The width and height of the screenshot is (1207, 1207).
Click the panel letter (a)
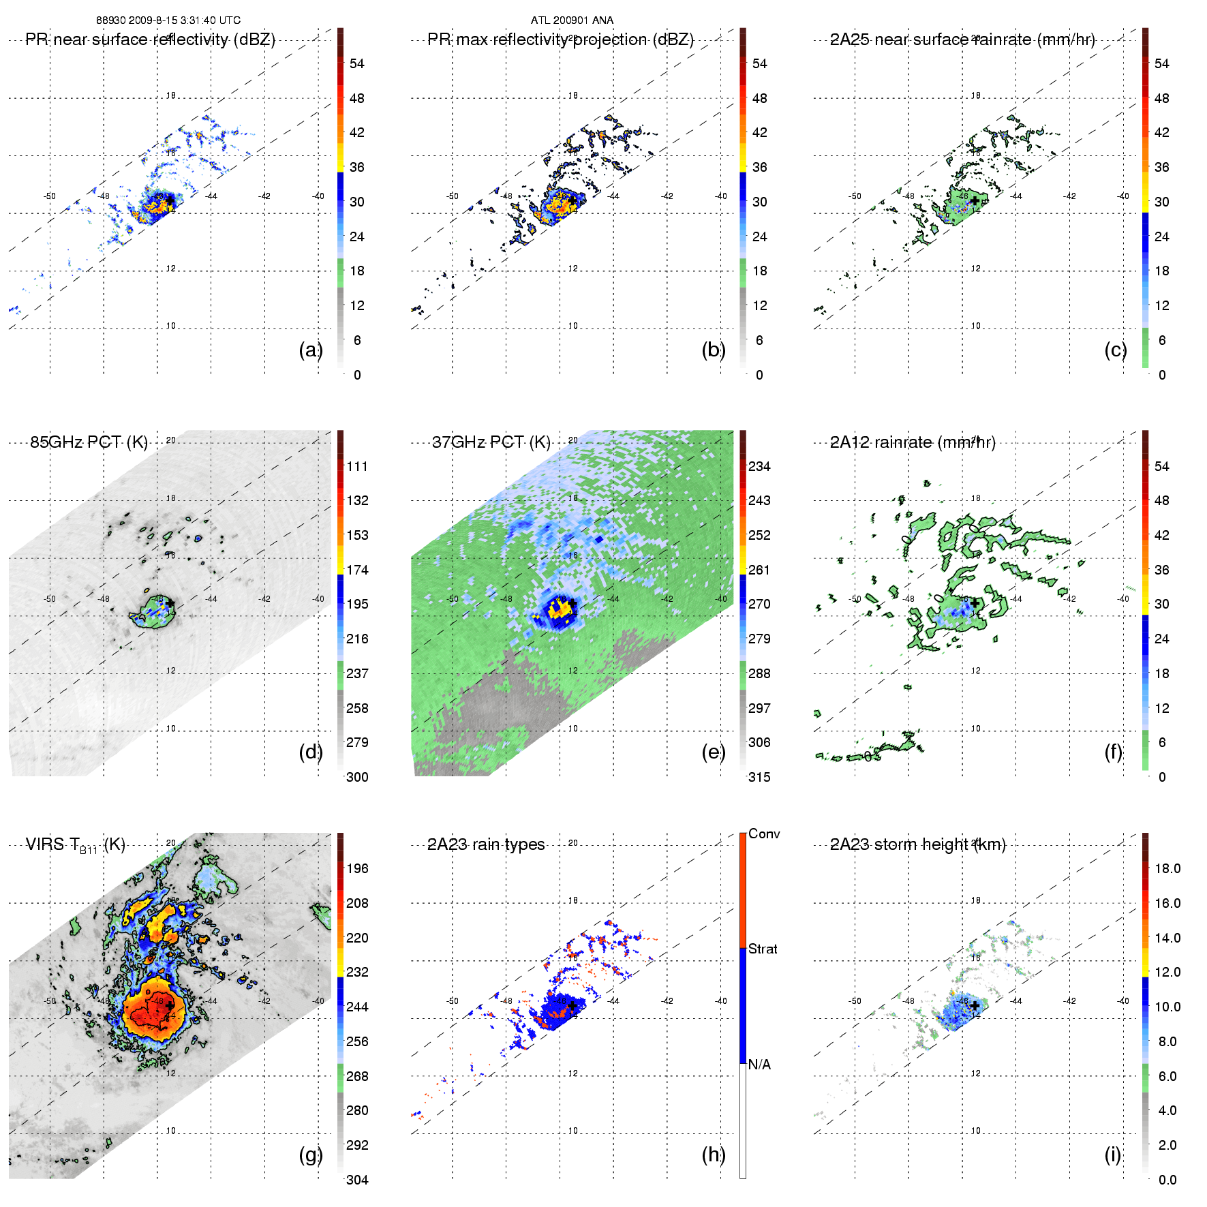(x=310, y=350)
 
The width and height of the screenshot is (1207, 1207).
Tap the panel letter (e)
(x=713, y=752)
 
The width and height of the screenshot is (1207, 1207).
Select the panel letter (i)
(x=1112, y=1155)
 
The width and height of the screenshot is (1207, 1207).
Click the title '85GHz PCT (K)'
(x=89, y=442)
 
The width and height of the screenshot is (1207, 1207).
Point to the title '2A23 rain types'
(x=486, y=845)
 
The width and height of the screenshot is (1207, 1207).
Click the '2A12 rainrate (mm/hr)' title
(x=913, y=442)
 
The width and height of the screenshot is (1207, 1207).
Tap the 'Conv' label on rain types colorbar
(x=764, y=834)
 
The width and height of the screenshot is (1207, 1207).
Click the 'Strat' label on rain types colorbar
(x=763, y=949)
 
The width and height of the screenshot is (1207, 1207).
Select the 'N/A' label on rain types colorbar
(x=759, y=1065)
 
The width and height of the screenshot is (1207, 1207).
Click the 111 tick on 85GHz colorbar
(x=357, y=467)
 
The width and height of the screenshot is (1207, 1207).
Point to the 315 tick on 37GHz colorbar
(x=759, y=778)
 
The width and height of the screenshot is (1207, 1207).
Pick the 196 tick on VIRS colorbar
(x=357, y=869)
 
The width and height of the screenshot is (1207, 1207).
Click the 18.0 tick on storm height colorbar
(x=1167, y=869)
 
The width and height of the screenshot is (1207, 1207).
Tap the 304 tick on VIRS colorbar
(x=357, y=1180)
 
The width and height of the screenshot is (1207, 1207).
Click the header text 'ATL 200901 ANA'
(x=572, y=20)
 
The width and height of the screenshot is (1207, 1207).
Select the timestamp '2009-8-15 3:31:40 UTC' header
(x=184, y=20)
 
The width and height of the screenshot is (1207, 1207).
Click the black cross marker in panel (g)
(x=169, y=1006)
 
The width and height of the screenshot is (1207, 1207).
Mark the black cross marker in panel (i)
(x=975, y=1006)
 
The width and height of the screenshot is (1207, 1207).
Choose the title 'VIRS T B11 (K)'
(x=75, y=845)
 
